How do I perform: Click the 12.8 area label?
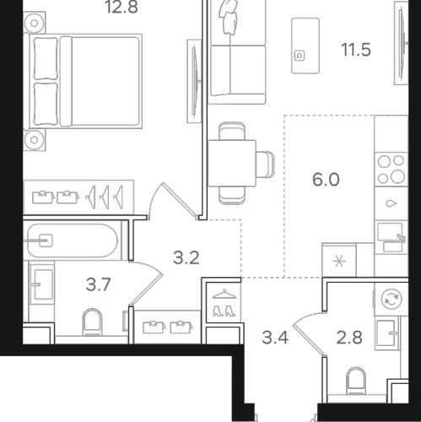pyautogui.click(x=121, y=7)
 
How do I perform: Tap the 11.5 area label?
pyautogui.click(x=356, y=50)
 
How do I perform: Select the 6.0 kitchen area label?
pyautogui.click(x=326, y=180)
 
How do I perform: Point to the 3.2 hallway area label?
pyautogui.click(x=186, y=257)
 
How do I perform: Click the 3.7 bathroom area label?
pyautogui.click(x=98, y=284)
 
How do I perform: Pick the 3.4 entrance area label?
pyautogui.click(x=275, y=338)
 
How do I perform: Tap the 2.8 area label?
pyautogui.click(x=349, y=338)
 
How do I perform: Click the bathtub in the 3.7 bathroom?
pyautogui.click(x=72, y=241)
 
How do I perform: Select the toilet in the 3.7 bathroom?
pyautogui.click(x=92, y=322)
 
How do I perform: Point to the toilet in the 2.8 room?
pyautogui.click(x=356, y=381)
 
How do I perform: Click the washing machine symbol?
pyautogui.click(x=391, y=299)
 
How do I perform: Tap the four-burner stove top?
pyautogui.click(x=391, y=170)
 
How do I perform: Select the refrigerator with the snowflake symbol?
pyautogui.click(x=339, y=260)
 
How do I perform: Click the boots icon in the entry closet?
pyautogui.click(x=224, y=311)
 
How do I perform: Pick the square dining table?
pyautogui.click(x=232, y=163)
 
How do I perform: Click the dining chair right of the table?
pyautogui.click(x=266, y=165)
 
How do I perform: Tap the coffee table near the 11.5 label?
pyautogui.click(x=305, y=46)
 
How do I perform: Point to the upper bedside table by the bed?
pyautogui.click(x=34, y=23)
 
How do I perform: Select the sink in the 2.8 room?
pyautogui.click(x=387, y=333)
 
